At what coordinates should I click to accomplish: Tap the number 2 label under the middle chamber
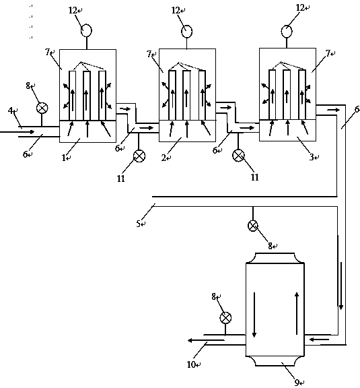[x=164, y=158]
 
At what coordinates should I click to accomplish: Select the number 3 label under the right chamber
[x=312, y=157]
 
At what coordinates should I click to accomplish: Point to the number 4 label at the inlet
[x=10, y=110]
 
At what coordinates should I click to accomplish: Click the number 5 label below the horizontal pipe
[x=139, y=224]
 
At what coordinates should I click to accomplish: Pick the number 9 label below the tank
[x=297, y=382]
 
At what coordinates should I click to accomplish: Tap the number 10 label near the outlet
[x=191, y=364]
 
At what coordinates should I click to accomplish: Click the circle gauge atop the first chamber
[x=86, y=31]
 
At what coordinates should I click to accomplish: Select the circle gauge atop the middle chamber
[x=186, y=32]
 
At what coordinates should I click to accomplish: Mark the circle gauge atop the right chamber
[x=287, y=32]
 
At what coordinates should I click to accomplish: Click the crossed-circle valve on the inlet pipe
[x=42, y=108]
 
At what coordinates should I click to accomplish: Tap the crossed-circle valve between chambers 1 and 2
[x=139, y=156]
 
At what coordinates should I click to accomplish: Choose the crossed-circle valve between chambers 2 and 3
[x=239, y=156]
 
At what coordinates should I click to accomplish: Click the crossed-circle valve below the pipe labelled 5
[x=253, y=226]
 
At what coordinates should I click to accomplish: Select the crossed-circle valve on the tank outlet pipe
[x=225, y=318]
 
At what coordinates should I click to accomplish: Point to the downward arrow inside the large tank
[x=254, y=315]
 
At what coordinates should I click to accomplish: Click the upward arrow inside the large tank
[x=297, y=313]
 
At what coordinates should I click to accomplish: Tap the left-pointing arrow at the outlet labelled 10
[x=206, y=340]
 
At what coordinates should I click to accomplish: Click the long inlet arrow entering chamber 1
[x=17, y=132]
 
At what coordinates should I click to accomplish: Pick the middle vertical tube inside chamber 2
[x=186, y=95]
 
